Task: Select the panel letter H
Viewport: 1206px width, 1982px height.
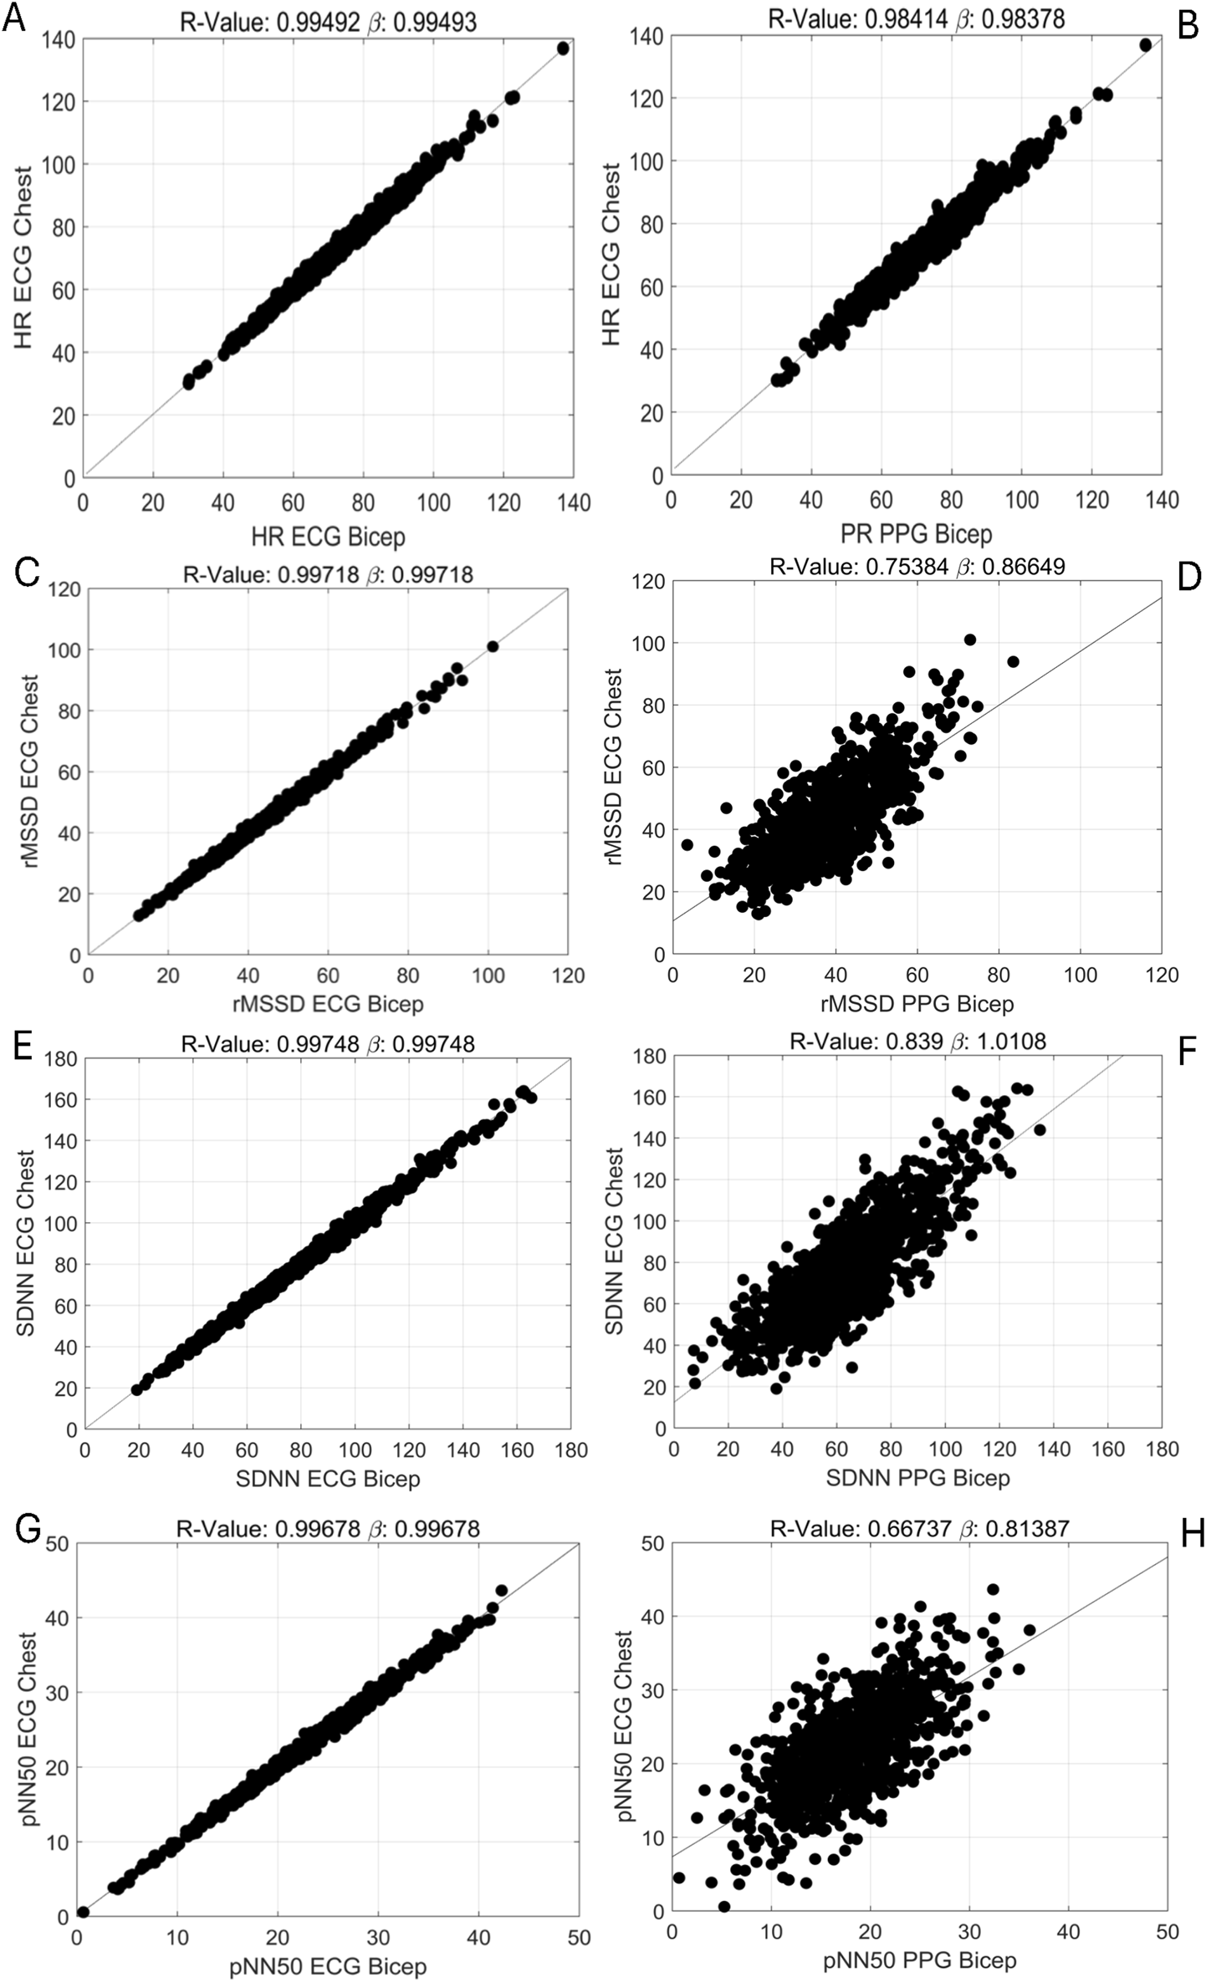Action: [x=1188, y=1534]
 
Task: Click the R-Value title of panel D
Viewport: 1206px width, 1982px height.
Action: [x=917, y=567]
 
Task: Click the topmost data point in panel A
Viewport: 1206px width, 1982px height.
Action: [x=563, y=48]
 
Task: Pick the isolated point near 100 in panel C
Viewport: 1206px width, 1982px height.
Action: [x=493, y=646]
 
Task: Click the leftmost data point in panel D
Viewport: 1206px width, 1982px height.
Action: [x=687, y=844]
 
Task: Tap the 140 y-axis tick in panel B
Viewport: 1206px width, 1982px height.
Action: [x=651, y=36]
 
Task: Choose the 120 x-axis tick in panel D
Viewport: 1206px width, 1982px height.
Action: [x=1162, y=975]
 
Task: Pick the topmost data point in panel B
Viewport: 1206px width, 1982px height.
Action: [x=1145, y=44]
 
